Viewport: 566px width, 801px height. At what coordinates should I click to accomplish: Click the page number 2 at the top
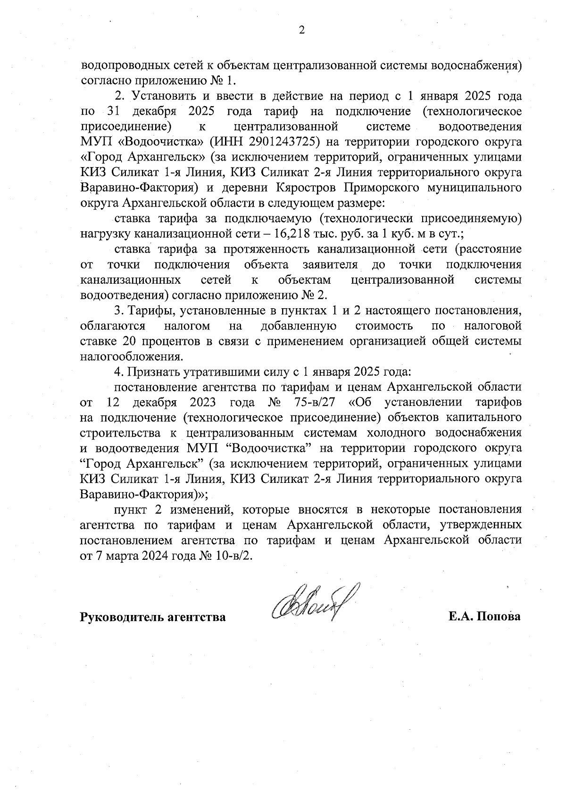pyautogui.click(x=302, y=31)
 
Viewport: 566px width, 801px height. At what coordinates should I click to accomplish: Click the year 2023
pyautogui.click(x=203, y=403)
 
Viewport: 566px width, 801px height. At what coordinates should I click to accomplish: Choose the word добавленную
pyautogui.click(x=298, y=326)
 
